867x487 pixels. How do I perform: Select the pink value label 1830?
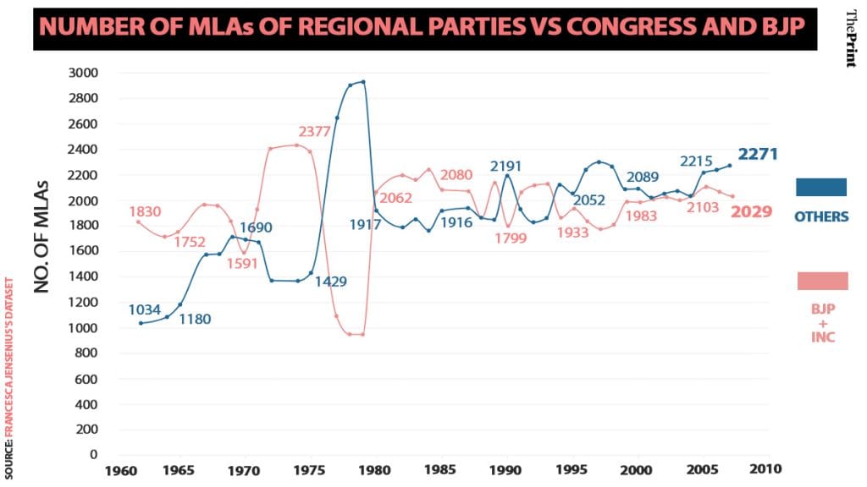[x=146, y=211]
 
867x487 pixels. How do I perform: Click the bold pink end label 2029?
[x=752, y=211]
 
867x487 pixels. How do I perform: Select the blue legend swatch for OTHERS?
[x=821, y=188]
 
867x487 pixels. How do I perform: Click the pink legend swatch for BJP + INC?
[x=822, y=281]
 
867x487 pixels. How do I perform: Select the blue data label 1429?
[x=330, y=282]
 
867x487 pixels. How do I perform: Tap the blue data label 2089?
[x=643, y=176]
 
